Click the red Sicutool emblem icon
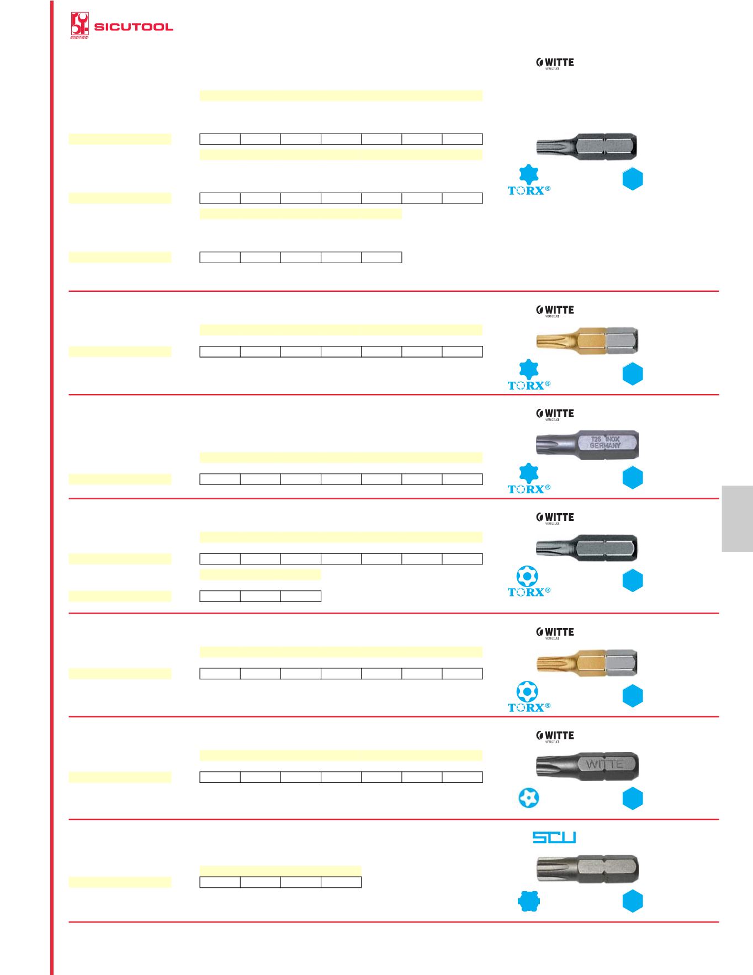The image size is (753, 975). (x=79, y=25)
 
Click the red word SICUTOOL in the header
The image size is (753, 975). (x=134, y=26)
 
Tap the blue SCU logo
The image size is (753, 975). (x=554, y=838)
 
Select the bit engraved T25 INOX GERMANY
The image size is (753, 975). (x=587, y=444)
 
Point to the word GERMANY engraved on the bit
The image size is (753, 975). (x=606, y=445)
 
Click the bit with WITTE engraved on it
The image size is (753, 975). (x=587, y=765)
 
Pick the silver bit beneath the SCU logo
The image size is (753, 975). (x=587, y=869)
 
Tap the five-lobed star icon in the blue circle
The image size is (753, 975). (x=529, y=798)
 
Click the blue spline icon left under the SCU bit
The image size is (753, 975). (x=529, y=902)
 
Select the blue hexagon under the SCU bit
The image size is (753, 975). (x=633, y=902)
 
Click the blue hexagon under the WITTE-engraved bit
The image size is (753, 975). (x=633, y=798)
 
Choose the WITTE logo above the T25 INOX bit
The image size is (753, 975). (x=555, y=414)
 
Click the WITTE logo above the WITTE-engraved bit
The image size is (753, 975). (x=555, y=736)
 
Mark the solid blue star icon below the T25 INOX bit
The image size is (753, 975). (x=529, y=473)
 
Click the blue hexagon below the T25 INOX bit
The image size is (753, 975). (x=633, y=477)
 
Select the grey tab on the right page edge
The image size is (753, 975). (x=737, y=518)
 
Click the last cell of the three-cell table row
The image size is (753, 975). (x=301, y=596)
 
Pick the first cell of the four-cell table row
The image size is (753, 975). (x=220, y=882)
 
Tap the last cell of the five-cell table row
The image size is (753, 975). (x=381, y=257)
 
